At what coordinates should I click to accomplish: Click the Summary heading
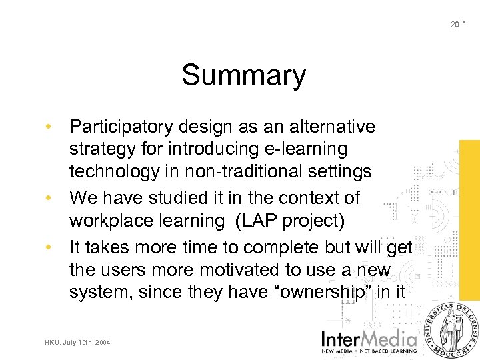[x=243, y=75]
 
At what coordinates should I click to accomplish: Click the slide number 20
[x=454, y=25]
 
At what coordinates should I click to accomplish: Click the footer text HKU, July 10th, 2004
[x=79, y=343]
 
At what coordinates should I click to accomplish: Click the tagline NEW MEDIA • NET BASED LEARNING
[x=369, y=351]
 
